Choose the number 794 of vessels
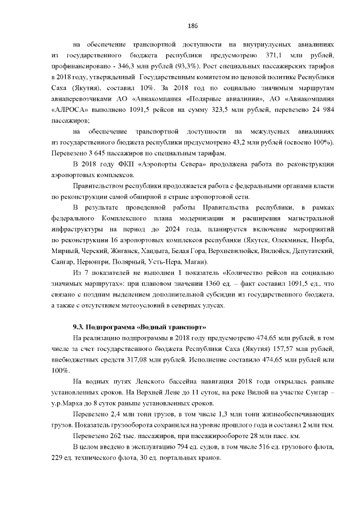coord(166,446)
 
